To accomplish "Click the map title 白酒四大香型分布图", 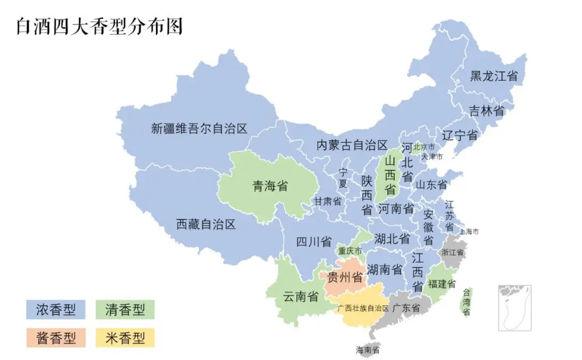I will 99,26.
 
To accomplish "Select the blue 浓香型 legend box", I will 55,309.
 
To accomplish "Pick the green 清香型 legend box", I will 125,309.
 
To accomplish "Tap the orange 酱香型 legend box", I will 55,338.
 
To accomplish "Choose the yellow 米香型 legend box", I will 125,338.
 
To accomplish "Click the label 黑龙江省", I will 494,76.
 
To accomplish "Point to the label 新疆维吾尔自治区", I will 199,128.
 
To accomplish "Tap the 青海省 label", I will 270,186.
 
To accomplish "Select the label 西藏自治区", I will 206,224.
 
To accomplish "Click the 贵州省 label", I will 345,277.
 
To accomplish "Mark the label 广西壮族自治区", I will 363,308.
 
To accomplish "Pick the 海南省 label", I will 368,350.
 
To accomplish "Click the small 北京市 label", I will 424,147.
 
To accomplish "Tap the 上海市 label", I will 469,232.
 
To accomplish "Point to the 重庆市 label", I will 350,251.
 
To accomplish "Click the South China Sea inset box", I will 515,307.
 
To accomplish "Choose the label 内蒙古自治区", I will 352,145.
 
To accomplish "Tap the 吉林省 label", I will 486,111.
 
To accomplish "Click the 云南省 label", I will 301,296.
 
